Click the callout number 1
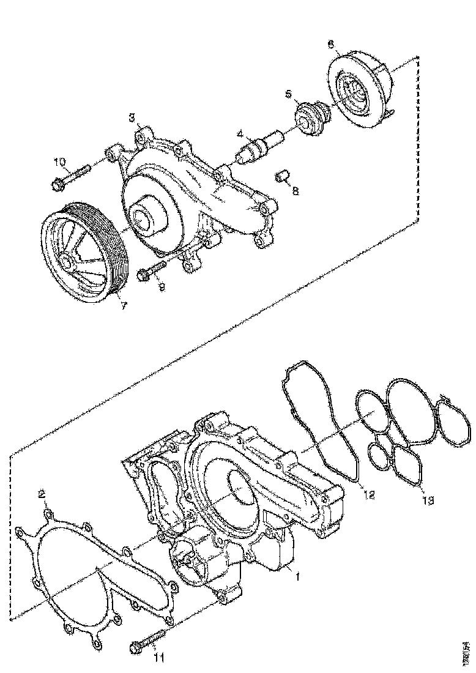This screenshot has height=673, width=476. (298, 576)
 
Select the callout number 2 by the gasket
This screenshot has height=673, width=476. (42, 493)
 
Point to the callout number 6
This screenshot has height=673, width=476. (330, 44)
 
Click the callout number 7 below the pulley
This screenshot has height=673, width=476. (124, 306)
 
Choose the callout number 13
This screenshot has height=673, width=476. (428, 501)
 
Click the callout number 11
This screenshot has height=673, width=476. (159, 659)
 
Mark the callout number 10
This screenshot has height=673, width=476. (59, 162)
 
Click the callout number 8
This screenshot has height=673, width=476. (296, 191)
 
